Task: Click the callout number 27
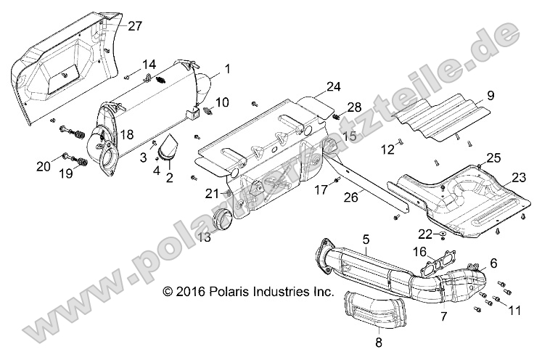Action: click(135, 26)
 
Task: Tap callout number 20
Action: click(43, 166)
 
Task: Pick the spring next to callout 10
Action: click(208, 110)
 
